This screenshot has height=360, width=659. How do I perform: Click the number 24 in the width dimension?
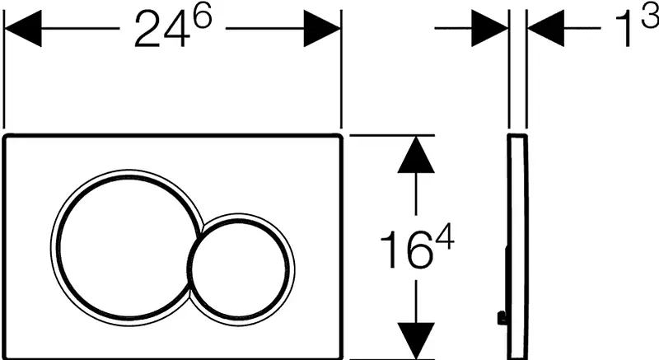coord(161,30)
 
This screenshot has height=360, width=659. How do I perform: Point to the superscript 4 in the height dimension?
coord(444,238)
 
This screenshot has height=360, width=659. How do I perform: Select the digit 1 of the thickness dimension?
coord(624,29)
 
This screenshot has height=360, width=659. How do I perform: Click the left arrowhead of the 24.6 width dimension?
coord(23,29)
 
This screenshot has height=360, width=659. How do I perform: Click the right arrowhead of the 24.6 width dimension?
coord(322,29)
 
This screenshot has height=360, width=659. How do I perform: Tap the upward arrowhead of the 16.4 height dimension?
coord(416,154)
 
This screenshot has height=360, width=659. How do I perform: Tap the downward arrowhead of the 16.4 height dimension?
coord(416,341)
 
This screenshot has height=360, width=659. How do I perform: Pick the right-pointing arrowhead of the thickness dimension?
coord(490,29)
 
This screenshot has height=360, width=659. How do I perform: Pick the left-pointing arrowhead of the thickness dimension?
coord(545,29)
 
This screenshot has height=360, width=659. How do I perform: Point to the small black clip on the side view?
coord(501,317)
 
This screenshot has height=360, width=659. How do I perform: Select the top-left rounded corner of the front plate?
coord(6,137)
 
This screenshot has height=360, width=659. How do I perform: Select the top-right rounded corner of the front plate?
coord(339,137)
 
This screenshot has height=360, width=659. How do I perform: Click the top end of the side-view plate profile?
coord(517,135)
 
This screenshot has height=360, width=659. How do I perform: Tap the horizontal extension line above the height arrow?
coord(392,135)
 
